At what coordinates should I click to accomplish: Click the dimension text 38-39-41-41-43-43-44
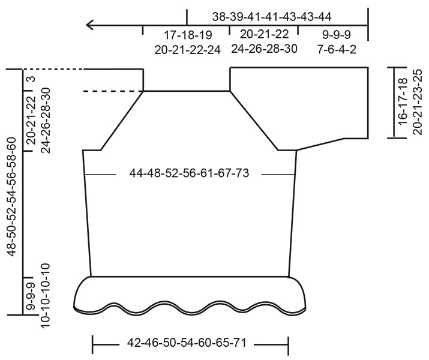(272, 16)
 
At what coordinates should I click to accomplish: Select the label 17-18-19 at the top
(187, 35)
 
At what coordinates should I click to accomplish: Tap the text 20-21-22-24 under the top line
(187, 50)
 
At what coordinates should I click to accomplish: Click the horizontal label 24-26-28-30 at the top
(264, 49)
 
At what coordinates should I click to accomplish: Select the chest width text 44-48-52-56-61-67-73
(189, 174)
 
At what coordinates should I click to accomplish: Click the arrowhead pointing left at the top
(90, 25)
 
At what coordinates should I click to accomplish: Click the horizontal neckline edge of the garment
(187, 91)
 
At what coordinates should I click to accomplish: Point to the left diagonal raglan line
(122, 120)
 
